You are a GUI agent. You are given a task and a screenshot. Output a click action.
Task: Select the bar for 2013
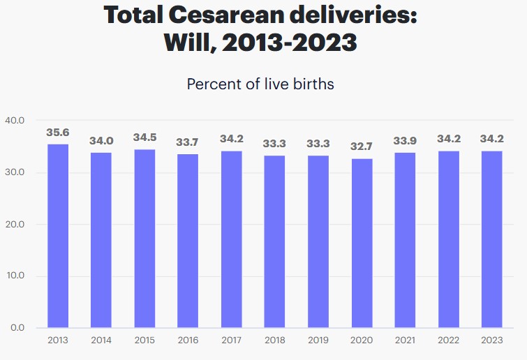click(58, 236)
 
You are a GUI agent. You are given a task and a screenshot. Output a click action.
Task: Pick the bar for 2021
click(405, 240)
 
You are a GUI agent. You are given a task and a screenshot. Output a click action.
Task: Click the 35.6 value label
click(58, 133)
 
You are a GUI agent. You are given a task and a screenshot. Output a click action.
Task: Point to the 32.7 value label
click(362, 147)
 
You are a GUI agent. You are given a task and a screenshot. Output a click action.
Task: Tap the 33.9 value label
click(405, 141)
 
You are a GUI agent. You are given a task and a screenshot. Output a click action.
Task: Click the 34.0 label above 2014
click(101, 141)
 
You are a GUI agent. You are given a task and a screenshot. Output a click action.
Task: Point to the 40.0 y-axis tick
click(15, 121)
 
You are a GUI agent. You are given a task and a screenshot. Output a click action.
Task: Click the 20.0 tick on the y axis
click(15, 224)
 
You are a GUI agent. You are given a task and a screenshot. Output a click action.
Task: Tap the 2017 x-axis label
click(231, 341)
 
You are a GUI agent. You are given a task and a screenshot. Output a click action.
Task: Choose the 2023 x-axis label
click(491, 341)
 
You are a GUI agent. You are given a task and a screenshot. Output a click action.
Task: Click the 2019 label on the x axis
click(318, 341)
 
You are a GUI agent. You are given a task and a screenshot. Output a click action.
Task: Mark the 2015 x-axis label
click(144, 341)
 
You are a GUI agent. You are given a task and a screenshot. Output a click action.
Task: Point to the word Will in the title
click(184, 43)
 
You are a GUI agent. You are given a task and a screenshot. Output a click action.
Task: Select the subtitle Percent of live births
click(260, 84)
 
